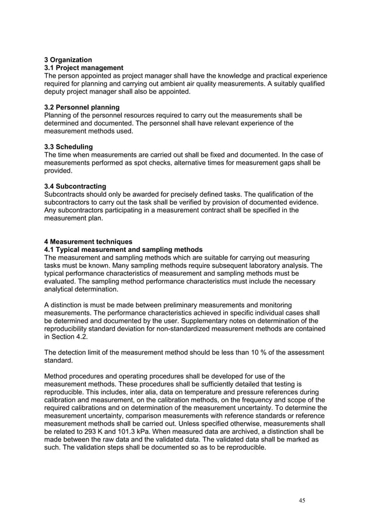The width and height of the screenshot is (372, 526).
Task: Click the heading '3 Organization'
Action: coord(68,59)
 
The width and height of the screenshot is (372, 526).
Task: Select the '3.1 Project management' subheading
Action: coord(84,68)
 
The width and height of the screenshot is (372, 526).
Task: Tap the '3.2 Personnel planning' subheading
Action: coord(82,107)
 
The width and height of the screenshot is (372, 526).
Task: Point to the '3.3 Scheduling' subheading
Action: coord(69,146)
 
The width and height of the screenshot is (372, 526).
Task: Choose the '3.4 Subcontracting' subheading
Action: coord(76,186)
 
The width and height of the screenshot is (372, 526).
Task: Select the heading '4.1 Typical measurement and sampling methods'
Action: coord(124,250)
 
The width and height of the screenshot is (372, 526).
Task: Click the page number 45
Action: coord(301,500)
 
